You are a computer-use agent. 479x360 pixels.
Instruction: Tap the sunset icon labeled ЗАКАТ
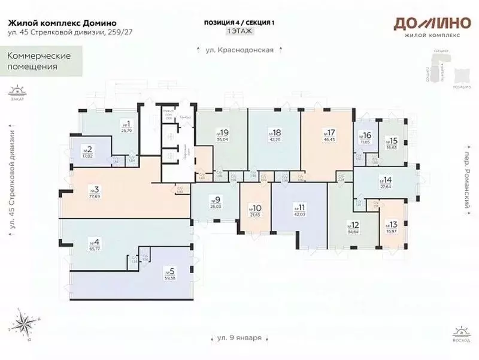[16, 92]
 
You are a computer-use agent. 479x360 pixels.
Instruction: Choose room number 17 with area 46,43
[329, 135]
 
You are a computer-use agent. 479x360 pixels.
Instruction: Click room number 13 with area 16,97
[393, 225]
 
